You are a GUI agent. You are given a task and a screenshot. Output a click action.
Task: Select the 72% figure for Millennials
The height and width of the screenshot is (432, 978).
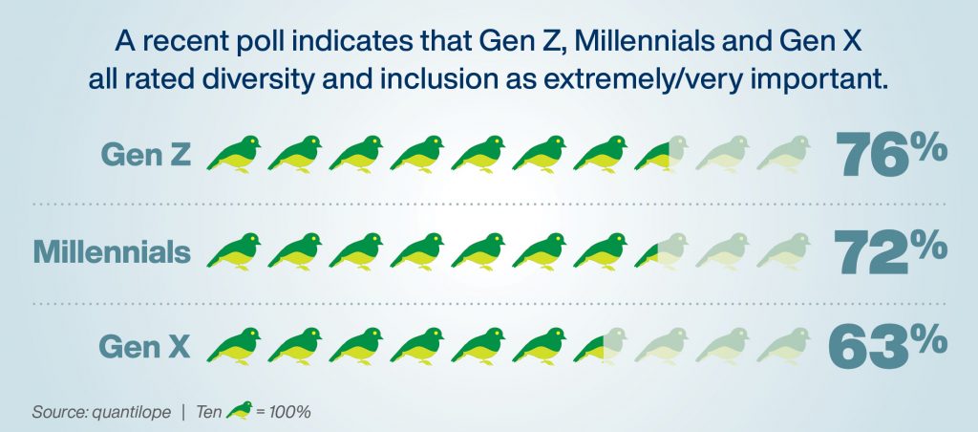click(891, 252)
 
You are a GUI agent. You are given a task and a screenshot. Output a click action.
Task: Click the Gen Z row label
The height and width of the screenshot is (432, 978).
click(145, 155)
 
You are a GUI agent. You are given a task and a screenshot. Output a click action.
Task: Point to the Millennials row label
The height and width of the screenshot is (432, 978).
click(113, 251)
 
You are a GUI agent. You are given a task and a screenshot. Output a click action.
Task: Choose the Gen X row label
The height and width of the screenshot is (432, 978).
click(145, 347)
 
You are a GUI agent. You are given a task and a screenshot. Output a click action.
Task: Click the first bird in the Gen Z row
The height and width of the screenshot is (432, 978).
click(233, 154)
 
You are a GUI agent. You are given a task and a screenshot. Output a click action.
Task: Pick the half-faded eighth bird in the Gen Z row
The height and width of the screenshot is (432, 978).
click(661, 154)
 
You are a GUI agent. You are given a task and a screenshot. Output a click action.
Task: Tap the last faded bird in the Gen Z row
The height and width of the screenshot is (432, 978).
click(783, 154)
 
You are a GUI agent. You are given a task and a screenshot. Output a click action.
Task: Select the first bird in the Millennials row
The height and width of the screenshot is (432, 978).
click(233, 251)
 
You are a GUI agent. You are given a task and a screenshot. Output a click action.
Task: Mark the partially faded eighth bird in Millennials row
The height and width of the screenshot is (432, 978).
click(661, 251)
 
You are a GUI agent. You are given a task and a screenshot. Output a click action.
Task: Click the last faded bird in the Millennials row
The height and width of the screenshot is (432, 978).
click(783, 251)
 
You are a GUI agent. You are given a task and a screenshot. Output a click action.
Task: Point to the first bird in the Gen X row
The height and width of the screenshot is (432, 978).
click(233, 346)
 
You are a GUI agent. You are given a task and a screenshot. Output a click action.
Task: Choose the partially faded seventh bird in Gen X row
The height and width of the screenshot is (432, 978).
click(600, 346)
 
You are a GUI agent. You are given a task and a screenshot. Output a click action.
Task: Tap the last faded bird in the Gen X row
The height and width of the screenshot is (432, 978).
click(783, 346)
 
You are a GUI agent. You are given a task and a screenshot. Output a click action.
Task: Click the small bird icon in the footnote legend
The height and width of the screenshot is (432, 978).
click(239, 410)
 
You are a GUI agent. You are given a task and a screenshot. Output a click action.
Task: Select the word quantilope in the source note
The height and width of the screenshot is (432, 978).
click(130, 413)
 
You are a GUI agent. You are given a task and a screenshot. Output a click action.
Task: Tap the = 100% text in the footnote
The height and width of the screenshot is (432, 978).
click(283, 412)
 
